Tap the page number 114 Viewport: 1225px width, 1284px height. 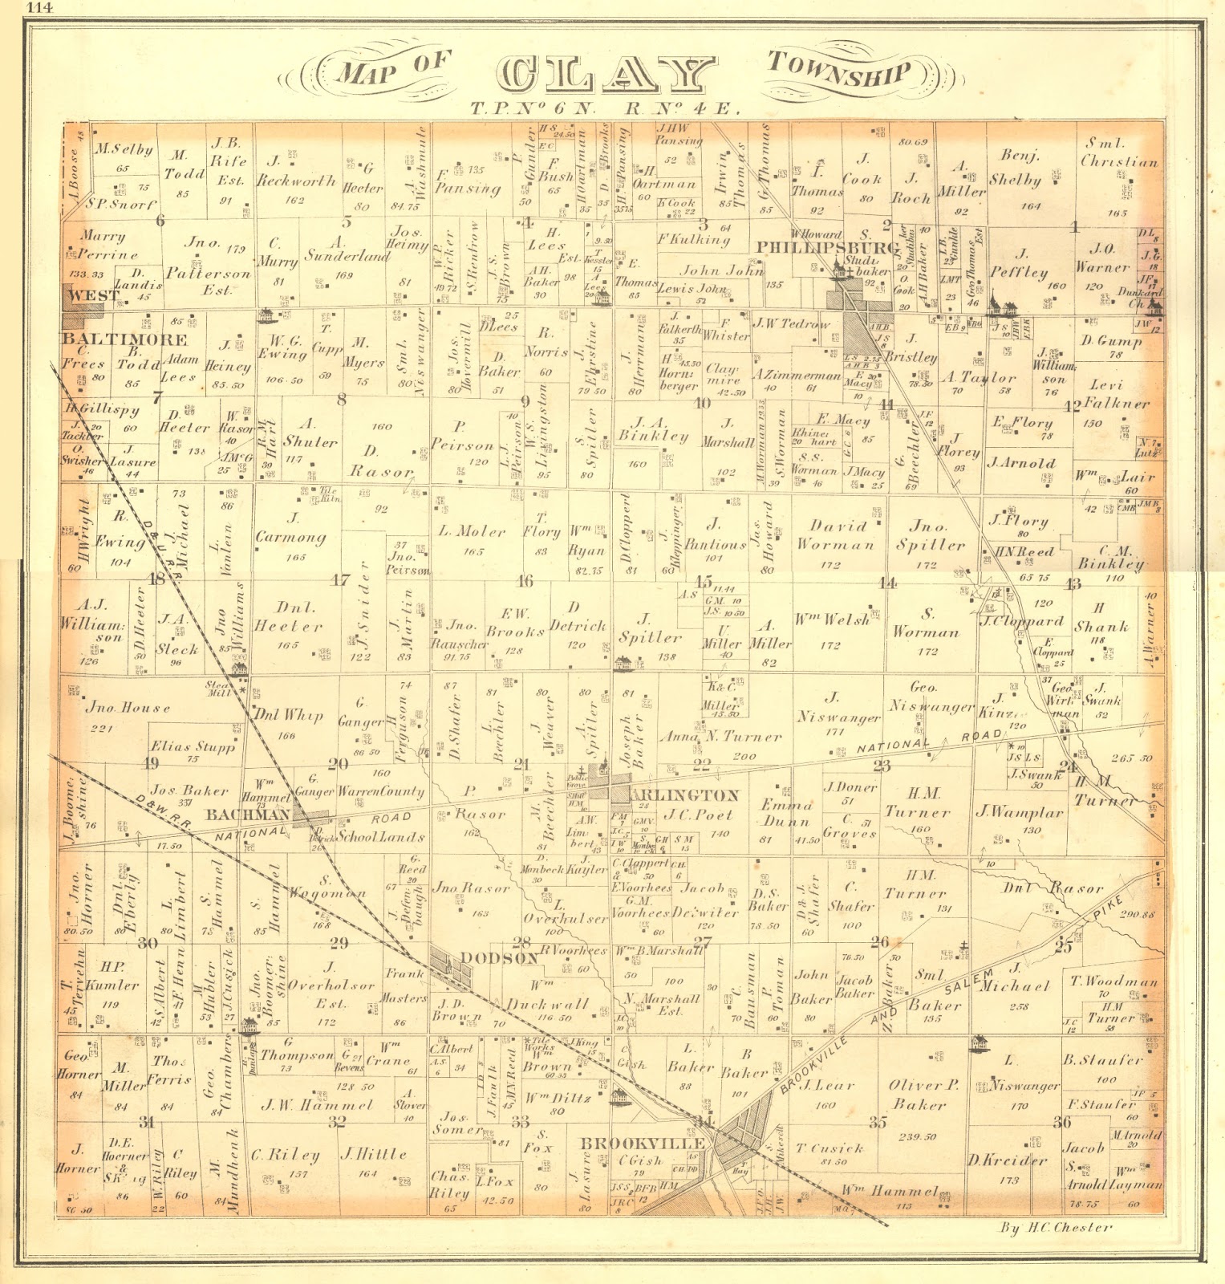click(x=37, y=10)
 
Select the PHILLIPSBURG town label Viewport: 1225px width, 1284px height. click(x=827, y=248)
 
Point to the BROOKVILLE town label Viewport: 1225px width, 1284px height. click(x=643, y=1143)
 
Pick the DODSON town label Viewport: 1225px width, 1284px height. click(x=499, y=958)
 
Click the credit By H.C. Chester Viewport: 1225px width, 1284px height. click(x=1056, y=1227)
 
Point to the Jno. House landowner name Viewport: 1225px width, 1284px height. click(x=128, y=708)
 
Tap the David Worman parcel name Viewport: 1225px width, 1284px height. click(x=836, y=535)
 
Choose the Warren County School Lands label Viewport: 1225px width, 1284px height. click(x=380, y=814)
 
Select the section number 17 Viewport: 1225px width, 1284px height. click(x=341, y=579)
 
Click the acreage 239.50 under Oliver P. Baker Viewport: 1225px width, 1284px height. click(x=919, y=1136)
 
